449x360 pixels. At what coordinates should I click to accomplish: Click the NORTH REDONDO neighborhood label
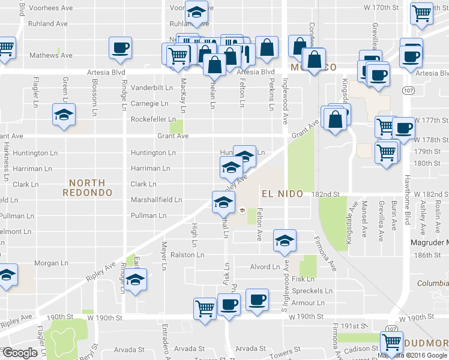(87, 187)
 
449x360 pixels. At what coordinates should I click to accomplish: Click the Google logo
(19, 353)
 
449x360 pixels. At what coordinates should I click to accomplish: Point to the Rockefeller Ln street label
(153, 119)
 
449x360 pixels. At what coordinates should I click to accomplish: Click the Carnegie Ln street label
(154, 103)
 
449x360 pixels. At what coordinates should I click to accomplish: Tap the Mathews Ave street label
(51, 56)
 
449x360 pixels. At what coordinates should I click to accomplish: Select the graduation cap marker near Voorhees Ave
(196, 12)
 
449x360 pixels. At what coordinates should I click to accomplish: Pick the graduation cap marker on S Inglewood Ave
(284, 241)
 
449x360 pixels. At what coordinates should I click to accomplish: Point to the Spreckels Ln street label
(308, 291)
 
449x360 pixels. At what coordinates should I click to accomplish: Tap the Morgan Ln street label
(51, 263)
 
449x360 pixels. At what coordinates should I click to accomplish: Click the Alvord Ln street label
(265, 267)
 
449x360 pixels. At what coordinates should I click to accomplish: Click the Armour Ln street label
(309, 304)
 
